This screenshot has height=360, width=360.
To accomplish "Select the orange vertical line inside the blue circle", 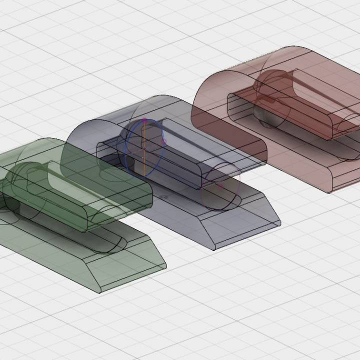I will (x=144, y=150).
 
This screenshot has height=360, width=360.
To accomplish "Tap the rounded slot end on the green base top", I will (x=117, y=244).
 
